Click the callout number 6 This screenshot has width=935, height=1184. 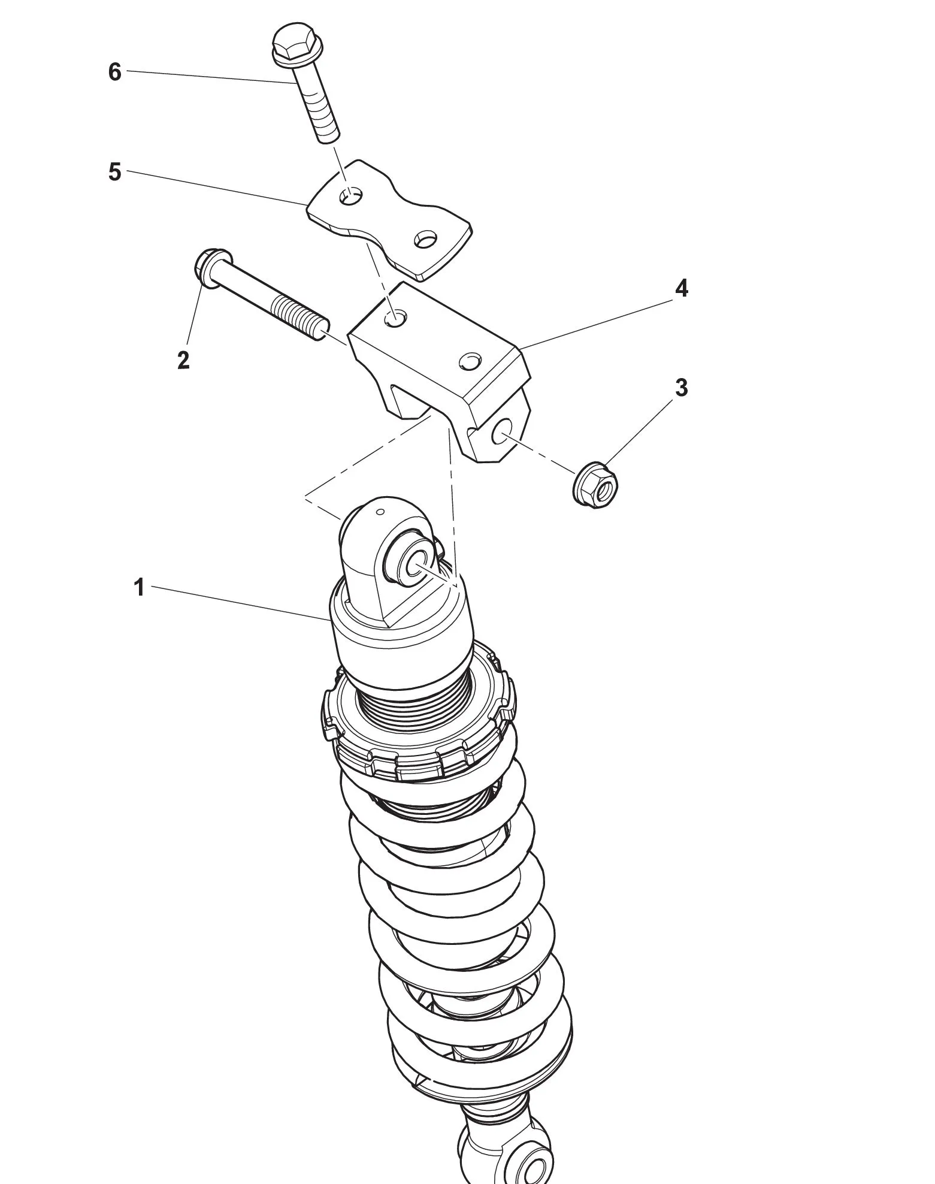(x=114, y=73)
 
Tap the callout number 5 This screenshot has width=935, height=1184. (x=114, y=173)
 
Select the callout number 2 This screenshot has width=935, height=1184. (x=183, y=360)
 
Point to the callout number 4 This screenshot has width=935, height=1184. (x=681, y=289)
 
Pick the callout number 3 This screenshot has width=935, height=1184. (x=681, y=388)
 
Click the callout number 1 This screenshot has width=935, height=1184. (x=139, y=588)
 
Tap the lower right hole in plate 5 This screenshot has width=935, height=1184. (x=426, y=239)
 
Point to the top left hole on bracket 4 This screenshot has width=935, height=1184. (x=395, y=319)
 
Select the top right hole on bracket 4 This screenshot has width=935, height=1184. (x=470, y=361)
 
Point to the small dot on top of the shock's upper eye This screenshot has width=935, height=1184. (x=380, y=512)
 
